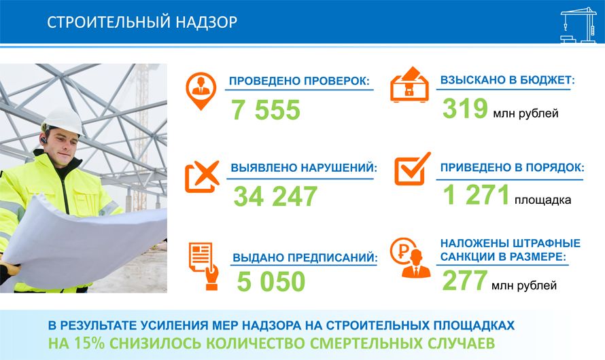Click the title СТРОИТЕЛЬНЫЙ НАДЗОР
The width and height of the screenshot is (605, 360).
(142, 22)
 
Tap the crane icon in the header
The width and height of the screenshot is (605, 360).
(578, 25)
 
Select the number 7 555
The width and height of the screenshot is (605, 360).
(266, 110)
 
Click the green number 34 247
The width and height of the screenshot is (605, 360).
(275, 196)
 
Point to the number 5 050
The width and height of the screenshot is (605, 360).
(271, 281)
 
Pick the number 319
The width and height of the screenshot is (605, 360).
(465, 108)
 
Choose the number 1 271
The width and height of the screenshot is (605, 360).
(476, 195)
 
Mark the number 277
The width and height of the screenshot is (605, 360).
(464, 281)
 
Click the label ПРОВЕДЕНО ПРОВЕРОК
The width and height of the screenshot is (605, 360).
(299, 81)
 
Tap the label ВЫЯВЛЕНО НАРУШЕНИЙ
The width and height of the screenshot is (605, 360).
(304, 168)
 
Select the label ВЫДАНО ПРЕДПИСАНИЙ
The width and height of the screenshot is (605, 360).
(305, 257)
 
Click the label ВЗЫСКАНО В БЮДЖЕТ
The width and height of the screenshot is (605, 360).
(507, 79)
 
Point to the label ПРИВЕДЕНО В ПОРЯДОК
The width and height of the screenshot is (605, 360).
(513, 168)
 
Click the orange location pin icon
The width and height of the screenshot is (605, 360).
(201, 90)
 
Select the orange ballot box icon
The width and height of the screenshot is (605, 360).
(409, 84)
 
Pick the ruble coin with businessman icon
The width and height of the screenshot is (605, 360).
(410, 257)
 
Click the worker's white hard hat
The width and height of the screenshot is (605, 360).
(63, 121)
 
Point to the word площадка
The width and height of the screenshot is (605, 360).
(542, 200)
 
